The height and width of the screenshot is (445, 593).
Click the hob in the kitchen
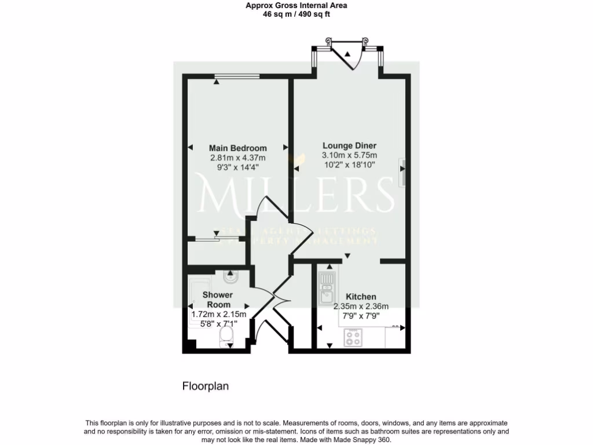click(x=353, y=337)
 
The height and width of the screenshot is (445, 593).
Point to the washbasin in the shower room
click(x=230, y=276)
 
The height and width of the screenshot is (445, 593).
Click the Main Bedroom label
click(x=238, y=148)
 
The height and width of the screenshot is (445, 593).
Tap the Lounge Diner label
click(x=350, y=145)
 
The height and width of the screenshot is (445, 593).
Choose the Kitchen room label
click(x=361, y=297)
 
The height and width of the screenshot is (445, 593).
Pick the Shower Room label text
click(x=218, y=300)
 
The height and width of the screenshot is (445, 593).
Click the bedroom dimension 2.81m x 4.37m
click(x=238, y=158)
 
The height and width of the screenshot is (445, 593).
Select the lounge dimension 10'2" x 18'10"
click(x=350, y=165)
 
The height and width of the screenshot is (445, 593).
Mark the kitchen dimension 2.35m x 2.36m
click(x=361, y=307)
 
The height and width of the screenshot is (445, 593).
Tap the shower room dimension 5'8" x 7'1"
click(x=219, y=324)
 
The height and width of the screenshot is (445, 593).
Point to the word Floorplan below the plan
click(x=206, y=386)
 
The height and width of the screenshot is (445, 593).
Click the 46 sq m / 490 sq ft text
click(x=296, y=14)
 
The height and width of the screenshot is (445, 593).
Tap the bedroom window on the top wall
click(x=237, y=76)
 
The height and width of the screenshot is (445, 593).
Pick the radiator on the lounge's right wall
click(x=402, y=172)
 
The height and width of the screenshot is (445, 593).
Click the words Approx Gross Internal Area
click(x=296, y=6)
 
